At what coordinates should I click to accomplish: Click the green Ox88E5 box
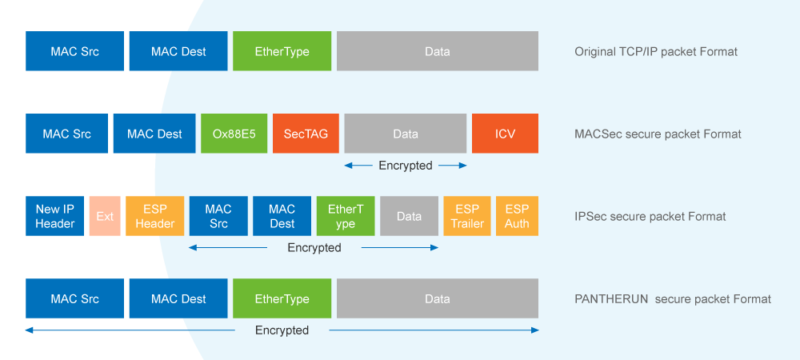click(234, 134)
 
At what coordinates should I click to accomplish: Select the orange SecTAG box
click(306, 134)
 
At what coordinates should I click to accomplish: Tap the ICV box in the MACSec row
click(505, 134)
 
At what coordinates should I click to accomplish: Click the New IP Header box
click(54, 216)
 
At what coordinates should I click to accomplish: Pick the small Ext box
click(105, 216)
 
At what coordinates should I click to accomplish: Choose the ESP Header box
click(154, 216)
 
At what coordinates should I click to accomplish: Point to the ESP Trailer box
click(467, 216)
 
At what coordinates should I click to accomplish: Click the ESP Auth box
click(517, 216)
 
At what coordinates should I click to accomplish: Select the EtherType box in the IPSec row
click(346, 216)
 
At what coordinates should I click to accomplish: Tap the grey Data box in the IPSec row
click(409, 216)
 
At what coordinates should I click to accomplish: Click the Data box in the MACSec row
click(406, 134)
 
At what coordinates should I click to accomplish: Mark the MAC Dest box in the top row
click(178, 51)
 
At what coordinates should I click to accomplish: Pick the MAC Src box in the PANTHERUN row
click(74, 298)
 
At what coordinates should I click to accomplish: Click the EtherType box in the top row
click(282, 51)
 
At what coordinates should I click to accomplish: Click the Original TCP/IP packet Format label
click(656, 52)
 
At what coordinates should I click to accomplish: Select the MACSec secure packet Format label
click(658, 134)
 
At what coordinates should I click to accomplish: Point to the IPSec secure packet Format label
click(650, 217)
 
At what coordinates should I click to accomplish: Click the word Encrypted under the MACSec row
click(406, 166)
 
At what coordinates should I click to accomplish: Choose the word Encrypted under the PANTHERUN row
click(282, 330)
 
